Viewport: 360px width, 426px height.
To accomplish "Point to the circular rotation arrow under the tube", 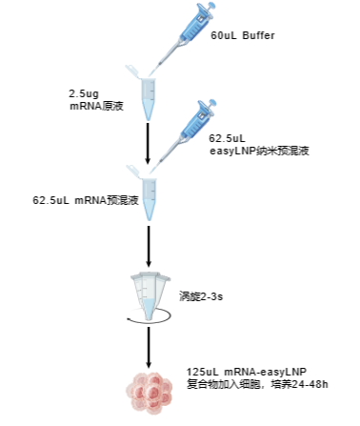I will (149, 322).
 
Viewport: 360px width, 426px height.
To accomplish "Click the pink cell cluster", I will (149, 392).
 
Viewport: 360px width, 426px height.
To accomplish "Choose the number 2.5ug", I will (83, 92).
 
